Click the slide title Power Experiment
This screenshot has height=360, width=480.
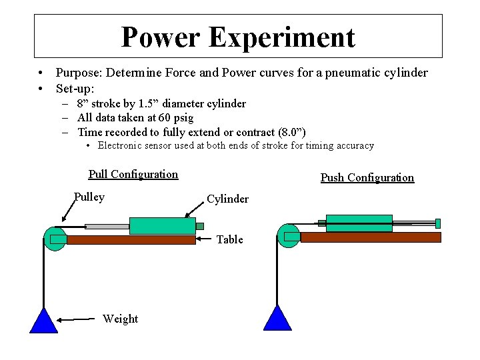click(238, 37)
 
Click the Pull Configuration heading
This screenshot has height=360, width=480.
click(133, 175)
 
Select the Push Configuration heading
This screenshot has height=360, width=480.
click(367, 178)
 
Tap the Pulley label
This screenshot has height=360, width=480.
click(89, 197)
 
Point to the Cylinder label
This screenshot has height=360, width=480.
click(227, 199)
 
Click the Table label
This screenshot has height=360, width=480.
click(229, 239)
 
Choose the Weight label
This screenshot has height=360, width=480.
click(120, 319)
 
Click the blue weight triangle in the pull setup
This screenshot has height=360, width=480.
click(44, 322)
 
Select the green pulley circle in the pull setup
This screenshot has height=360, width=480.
click(55, 239)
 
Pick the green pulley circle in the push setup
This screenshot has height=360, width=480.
click(289, 236)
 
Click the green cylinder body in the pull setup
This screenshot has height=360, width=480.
click(162, 226)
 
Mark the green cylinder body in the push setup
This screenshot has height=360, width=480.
click(359, 223)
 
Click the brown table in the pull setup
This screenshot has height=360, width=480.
click(131, 240)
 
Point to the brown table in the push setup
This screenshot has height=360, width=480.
click(371, 237)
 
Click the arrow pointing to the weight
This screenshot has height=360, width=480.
click(77, 320)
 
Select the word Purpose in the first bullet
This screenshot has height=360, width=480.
click(79, 73)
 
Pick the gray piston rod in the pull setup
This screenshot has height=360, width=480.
click(107, 227)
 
